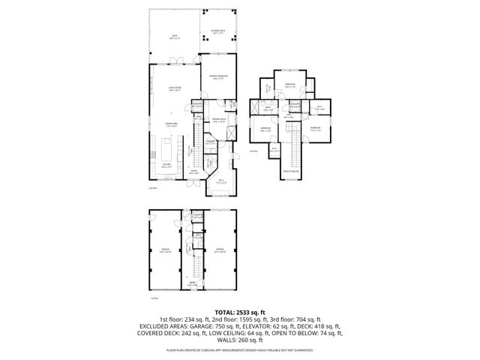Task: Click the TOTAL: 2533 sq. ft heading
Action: click(240, 311)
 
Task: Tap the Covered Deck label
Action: click(217, 32)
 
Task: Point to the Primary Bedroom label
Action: click(218, 77)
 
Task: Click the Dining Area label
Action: click(172, 124)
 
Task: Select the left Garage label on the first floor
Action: click(165, 250)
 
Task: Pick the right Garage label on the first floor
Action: click(220, 250)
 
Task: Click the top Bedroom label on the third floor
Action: click(289, 84)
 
